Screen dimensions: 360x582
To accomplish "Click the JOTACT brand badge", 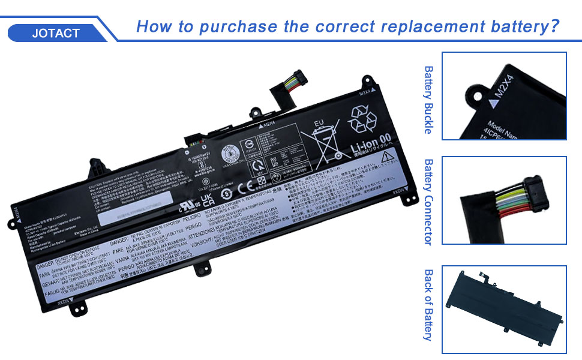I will [56, 32].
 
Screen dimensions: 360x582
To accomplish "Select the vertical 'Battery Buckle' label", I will [428, 100].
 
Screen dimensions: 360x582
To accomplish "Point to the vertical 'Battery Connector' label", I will [428, 202].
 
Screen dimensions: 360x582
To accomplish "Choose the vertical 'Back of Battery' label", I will [428, 305].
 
